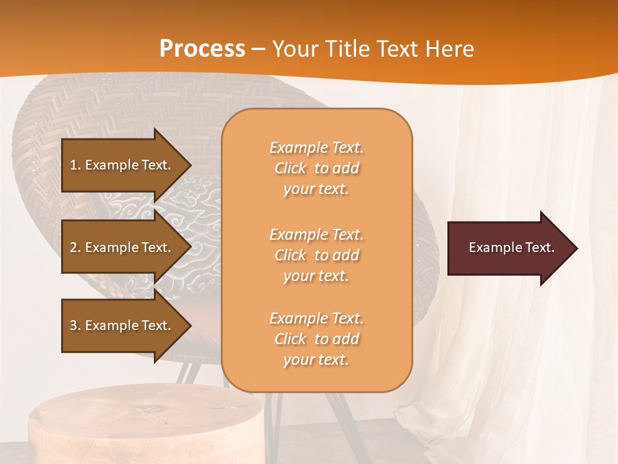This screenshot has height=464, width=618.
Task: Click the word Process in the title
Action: coord(202,48)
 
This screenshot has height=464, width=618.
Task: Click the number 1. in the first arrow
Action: coord(75,165)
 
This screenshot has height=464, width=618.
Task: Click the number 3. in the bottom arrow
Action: coord(75,325)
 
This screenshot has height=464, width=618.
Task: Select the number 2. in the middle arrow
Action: coord(75,247)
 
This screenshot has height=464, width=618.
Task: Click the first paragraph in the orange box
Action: coord(316,168)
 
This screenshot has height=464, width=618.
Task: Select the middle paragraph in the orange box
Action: coord(316,255)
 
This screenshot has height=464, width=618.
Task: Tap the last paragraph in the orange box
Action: coord(316,339)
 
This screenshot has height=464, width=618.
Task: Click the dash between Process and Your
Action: coord(258,49)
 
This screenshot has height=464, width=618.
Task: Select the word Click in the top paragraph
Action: coord(290,168)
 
